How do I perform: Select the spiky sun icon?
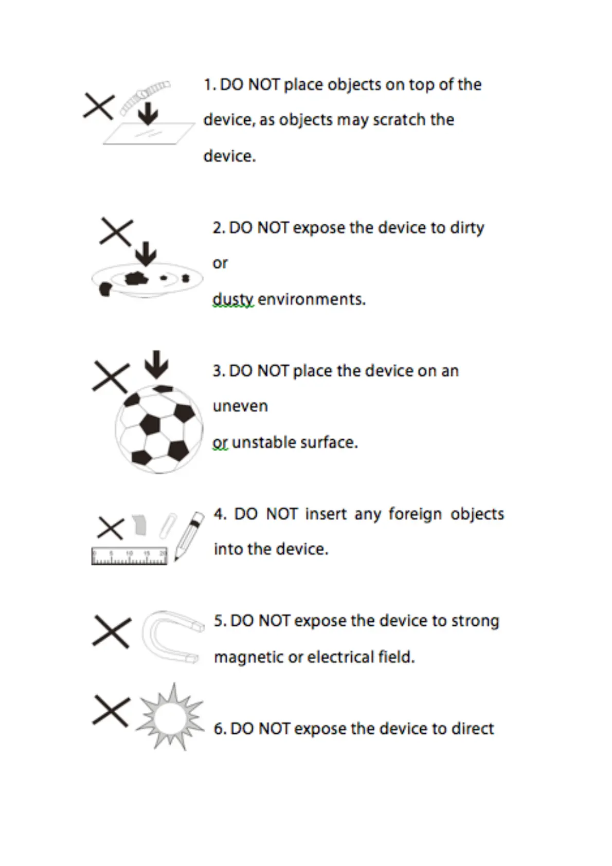170,717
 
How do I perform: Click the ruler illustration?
129,556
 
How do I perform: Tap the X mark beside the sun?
111,711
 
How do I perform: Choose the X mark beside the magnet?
112,632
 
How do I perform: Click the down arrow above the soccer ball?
156,364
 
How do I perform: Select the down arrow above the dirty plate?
147,254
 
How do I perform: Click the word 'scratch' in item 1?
399,120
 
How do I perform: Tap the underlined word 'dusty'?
233,299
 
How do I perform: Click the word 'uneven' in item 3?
240,406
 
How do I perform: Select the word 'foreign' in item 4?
415,514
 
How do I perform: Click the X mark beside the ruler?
110,528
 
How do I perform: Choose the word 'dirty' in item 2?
467,228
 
